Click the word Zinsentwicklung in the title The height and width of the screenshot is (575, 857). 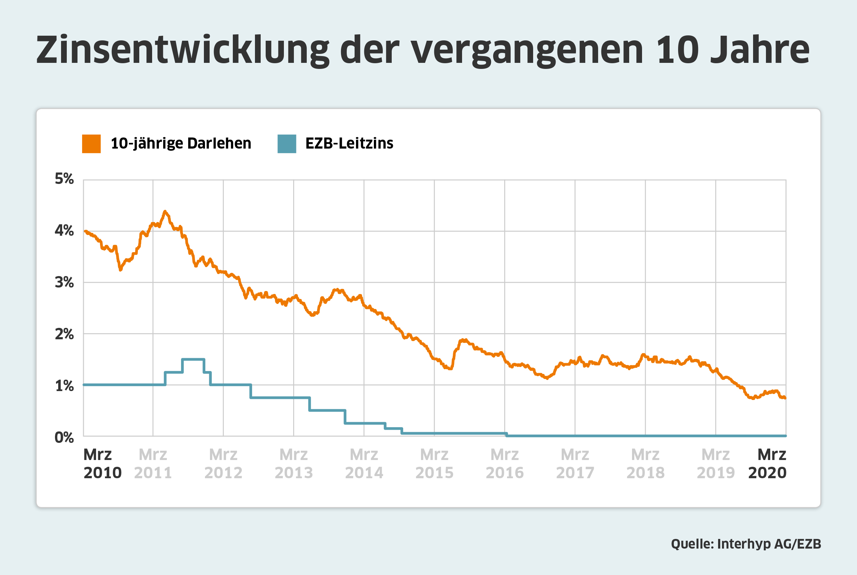tap(182, 51)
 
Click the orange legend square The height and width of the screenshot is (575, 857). tap(91, 144)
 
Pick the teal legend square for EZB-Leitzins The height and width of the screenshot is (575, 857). tap(287, 144)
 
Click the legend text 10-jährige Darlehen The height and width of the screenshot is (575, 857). tap(181, 143)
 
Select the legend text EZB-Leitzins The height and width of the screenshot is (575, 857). tap(349, 143)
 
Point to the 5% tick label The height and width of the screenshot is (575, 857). tap(64, 179)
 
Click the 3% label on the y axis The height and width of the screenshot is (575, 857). tap(64, 282)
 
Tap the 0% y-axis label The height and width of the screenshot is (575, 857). tap(64, 437)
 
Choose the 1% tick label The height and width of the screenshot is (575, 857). tap(64, 386)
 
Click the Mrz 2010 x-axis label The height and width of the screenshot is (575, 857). tap(102, 464)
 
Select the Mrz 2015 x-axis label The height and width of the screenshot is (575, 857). tap(434, 464)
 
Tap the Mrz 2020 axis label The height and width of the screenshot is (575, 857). tap(768, 464)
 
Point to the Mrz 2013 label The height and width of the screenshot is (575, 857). tap(294, 464)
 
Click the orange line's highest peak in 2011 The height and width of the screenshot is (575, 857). tap(165, 211)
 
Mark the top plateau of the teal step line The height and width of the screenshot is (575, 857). tap(193, 359)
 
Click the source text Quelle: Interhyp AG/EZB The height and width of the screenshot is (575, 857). tap(746, 544)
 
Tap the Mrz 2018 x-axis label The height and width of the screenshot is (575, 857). tap(646, 464)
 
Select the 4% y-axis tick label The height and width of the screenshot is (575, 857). tap(64, 231)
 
